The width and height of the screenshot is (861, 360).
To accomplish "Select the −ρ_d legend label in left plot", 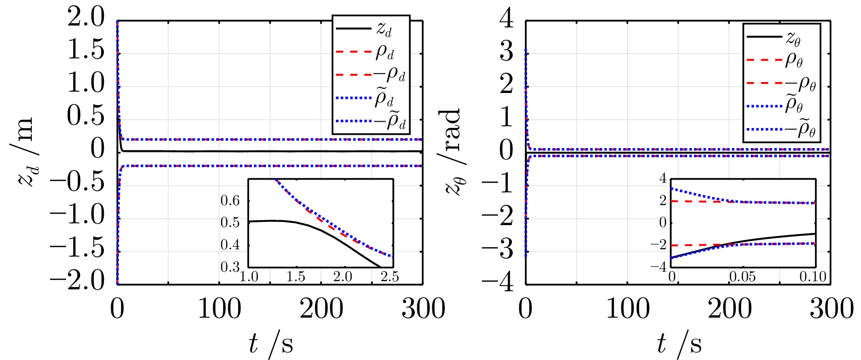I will tap(391, 75).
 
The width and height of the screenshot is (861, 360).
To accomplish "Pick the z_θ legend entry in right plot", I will tap(793, 38).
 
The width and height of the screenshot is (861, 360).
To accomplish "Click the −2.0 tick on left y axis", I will tap(78, 281).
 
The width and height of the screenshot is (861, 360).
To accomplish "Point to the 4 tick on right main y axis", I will tap(507, 20).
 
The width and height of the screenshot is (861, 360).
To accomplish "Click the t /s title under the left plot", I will tap(271, 344).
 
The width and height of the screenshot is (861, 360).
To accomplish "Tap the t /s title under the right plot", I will tap(679, 344).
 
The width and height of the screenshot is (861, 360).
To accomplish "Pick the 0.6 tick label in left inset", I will tap(230, 201).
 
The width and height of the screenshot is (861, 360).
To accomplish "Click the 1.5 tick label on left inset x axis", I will tap(296, 277).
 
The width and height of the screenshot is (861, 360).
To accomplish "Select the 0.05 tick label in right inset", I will tap(743, 277).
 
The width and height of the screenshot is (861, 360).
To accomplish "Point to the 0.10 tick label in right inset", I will tap(813, 277).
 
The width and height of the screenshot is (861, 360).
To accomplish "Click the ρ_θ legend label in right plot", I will tap(794, 61).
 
